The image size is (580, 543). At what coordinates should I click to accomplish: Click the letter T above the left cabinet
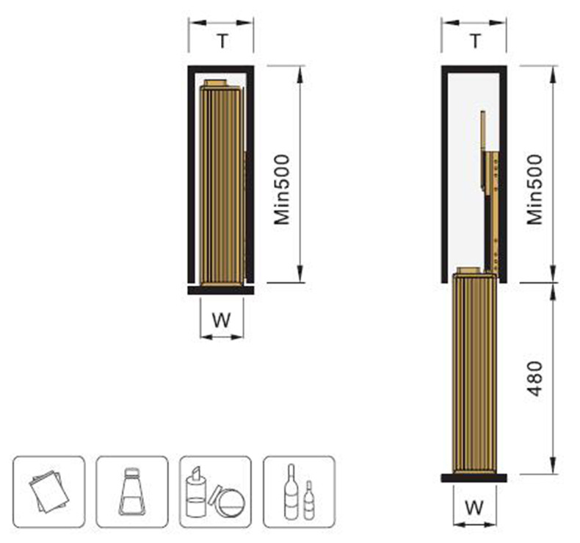[x=222, y=40]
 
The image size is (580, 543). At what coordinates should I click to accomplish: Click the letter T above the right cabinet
[x=475, y=40]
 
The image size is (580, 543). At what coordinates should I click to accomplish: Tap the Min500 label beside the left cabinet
[x=282, y=190]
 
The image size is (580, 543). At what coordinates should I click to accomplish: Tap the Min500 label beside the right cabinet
[x=535, y=190]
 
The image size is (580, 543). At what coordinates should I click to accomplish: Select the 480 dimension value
[x=535, y=378]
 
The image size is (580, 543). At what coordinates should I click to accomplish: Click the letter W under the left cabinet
[x=222, y=320]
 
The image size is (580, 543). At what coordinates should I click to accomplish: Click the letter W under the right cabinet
[x=474, y=508]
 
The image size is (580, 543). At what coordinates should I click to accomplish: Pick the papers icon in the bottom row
[x=49, y=492]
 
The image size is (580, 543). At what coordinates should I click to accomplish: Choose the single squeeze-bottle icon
[x=132, y=492]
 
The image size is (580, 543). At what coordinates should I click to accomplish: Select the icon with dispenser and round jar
[x=215, y=492]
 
